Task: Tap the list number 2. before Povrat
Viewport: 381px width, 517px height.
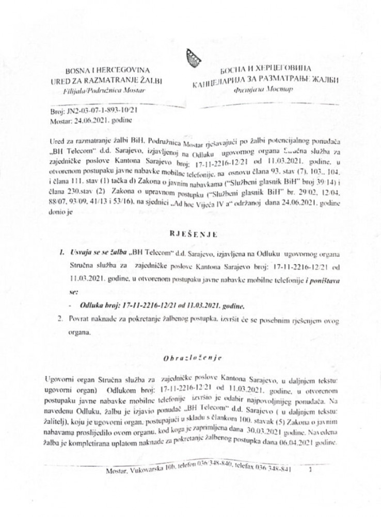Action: coord(60,320)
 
